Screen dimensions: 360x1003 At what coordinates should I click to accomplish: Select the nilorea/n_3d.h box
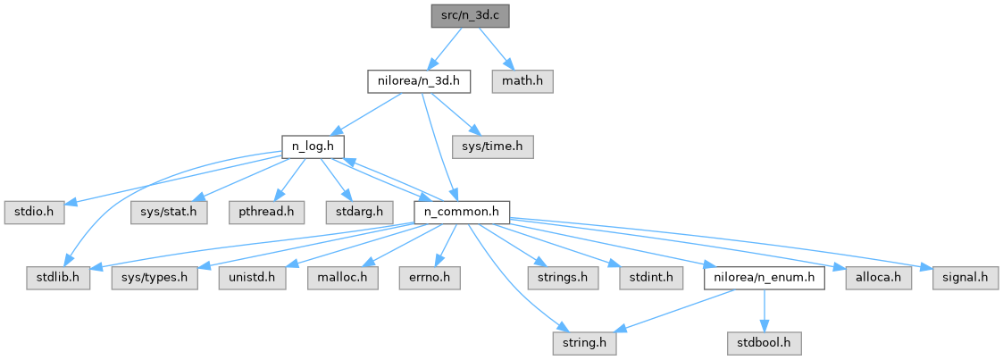point(418,81)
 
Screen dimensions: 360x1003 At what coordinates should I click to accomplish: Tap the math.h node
point(522,81)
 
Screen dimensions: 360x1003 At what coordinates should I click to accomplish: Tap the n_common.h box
point(462,213)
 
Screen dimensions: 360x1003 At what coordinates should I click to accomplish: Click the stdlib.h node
point(58,278)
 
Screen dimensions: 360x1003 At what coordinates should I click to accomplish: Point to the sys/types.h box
point(154,278)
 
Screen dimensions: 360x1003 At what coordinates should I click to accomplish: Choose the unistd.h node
point(252,278)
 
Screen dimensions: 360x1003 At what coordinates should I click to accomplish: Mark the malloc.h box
point(342,278)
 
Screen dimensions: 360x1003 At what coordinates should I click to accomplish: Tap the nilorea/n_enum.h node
point(762,278)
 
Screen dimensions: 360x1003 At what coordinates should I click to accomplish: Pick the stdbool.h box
point(762,343)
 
